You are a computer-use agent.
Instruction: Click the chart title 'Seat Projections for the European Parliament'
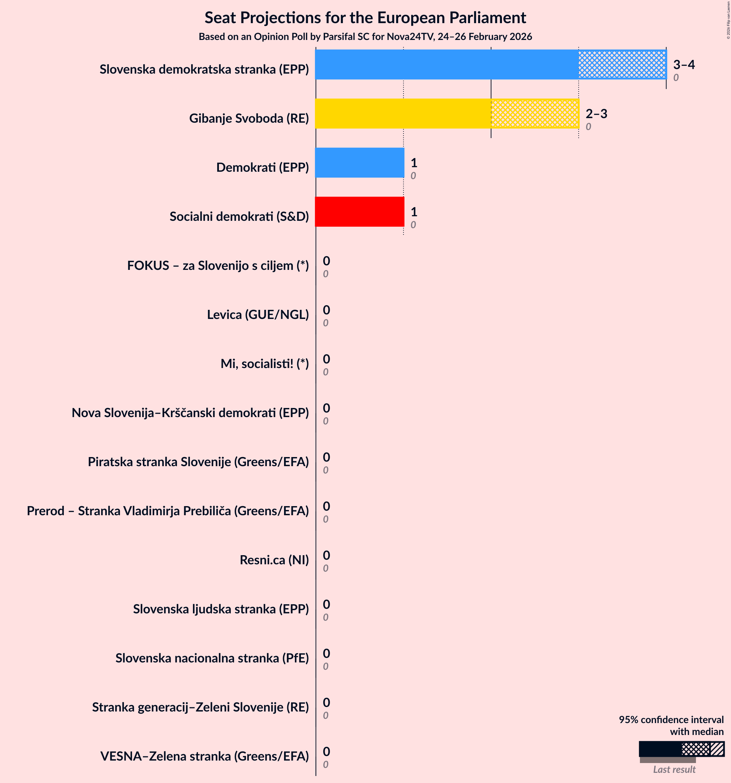coord(365,18)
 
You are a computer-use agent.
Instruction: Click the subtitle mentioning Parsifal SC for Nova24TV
coord(365,37)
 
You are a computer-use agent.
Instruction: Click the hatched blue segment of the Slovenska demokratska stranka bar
coord(622,64)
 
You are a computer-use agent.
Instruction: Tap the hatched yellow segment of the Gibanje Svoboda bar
coord(535,114)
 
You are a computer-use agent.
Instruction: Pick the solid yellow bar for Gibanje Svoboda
coord(403,114)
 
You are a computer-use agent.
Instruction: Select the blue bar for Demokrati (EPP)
coord(359,163)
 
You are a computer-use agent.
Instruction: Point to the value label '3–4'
coord(684,64)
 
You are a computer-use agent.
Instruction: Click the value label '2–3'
coord(596,114)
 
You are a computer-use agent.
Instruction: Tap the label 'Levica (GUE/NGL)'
coord(258,315)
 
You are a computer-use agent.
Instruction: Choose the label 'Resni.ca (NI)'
coord(274,560)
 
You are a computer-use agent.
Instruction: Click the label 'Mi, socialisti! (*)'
coord(264,364)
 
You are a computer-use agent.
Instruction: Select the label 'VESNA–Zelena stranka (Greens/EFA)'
coord(204,756)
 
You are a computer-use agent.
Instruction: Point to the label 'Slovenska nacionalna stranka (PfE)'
coord(212,658)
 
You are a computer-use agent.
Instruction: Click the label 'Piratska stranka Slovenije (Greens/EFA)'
coord(198,462)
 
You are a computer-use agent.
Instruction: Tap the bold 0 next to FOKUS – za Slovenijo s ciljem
coord(326,261)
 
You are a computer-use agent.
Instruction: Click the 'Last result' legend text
coord(674,770)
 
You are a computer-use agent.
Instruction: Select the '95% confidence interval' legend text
coord(671,720)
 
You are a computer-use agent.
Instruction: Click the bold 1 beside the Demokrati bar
coord(414,163)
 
